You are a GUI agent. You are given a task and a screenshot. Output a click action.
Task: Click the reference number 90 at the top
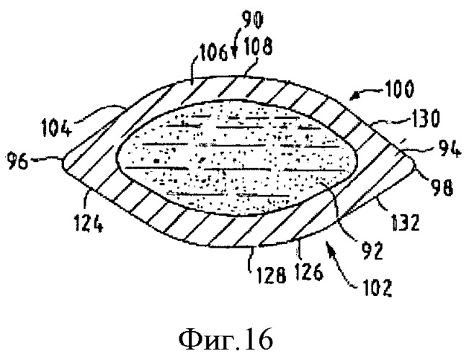click(x=253, y=21)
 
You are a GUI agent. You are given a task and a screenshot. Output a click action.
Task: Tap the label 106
click(x=213, y=54)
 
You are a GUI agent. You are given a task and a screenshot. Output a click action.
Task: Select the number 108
click(x=259, y=48)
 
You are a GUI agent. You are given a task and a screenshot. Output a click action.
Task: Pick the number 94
click(x=449, y=149)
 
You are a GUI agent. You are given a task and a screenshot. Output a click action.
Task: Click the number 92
click(x=372, y=251)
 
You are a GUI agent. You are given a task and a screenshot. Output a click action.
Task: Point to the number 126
click(x=309, y=271)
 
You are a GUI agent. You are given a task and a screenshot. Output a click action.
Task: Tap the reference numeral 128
click(x=272, y=275)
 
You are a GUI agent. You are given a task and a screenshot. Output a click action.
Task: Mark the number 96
click(x=19, y=162)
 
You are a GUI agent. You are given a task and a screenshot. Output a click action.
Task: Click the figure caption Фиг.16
click(x=225, y=340)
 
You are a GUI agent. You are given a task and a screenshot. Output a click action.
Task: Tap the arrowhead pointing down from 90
click(x=235, y=54)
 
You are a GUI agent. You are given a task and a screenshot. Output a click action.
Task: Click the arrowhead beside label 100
click(x=355, y=96)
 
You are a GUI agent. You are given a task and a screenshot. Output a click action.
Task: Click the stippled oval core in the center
click(x=238, y=159)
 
